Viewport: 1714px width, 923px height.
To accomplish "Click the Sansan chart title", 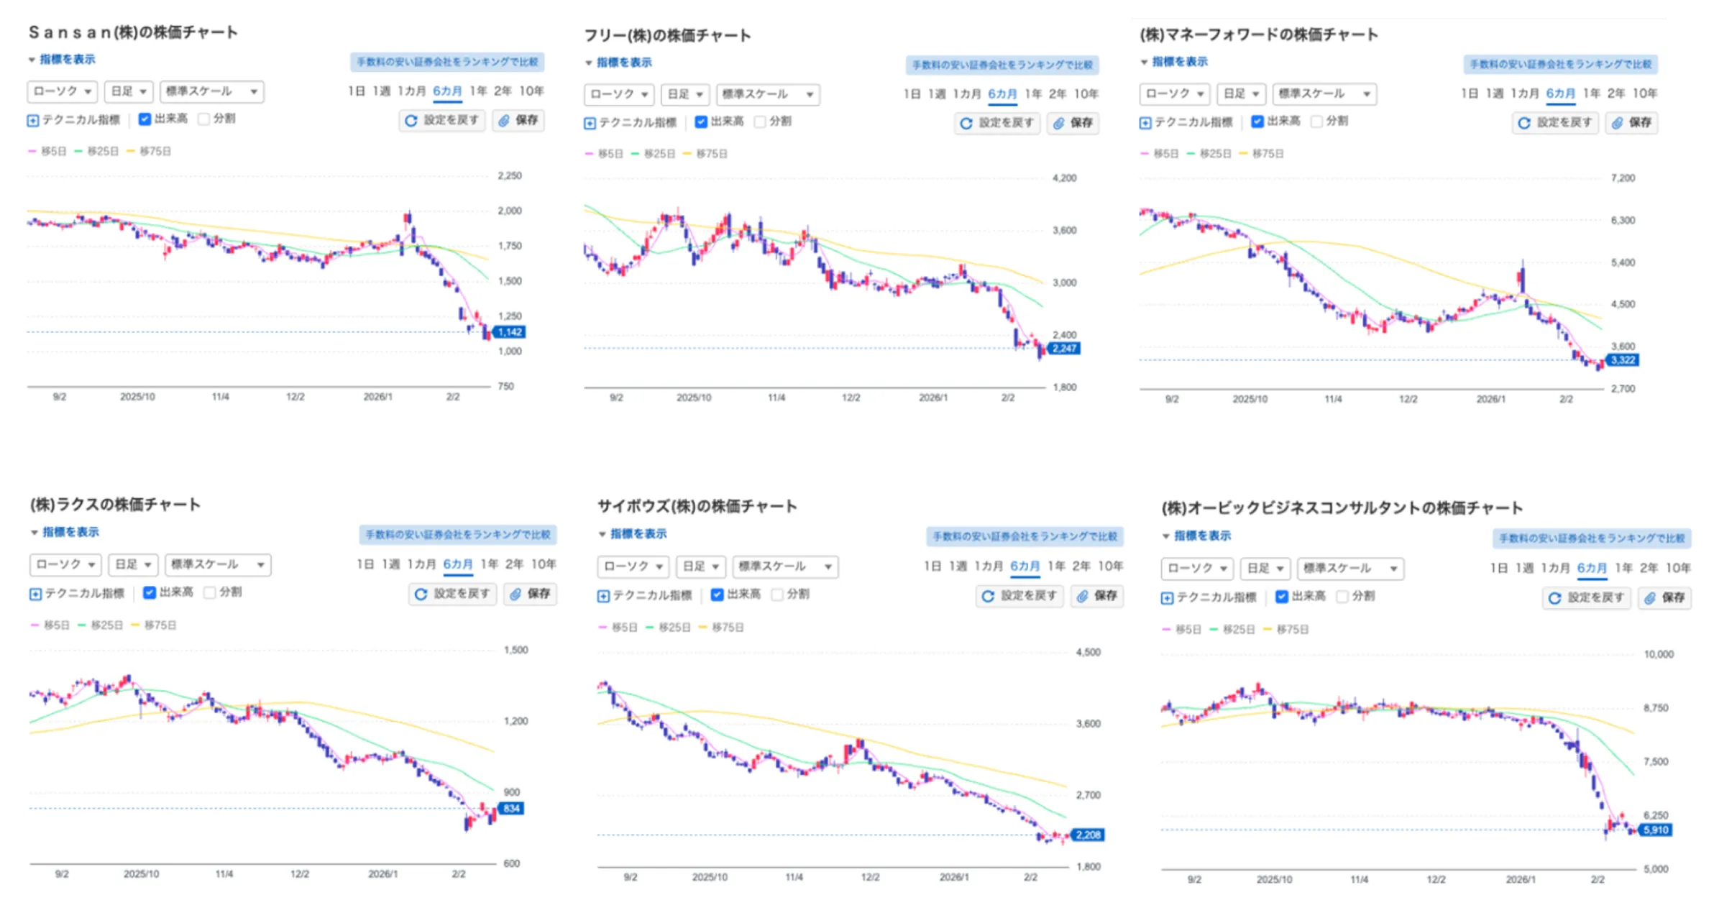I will click(133, 32).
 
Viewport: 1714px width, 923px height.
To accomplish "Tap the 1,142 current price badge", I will click(510, 332).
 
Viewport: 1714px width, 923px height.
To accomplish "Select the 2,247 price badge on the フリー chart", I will click(1064, 349).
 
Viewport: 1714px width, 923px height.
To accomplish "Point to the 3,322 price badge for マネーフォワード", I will click(1623, 360).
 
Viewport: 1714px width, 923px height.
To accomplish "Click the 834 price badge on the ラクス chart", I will click(511, 809).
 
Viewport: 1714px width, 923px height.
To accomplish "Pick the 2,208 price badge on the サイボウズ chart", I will click(1088, 835).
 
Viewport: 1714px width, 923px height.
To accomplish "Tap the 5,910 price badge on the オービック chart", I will click(1656, 830).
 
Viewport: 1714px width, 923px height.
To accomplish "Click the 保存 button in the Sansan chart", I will click(518, 120).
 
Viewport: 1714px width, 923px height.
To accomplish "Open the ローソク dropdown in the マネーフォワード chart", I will click(1174, 93).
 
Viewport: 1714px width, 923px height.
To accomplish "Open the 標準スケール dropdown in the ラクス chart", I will click(217, 564).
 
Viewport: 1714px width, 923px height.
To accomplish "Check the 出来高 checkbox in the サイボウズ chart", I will click(717, 594).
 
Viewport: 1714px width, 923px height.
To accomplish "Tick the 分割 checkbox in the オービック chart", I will click(1342, 597).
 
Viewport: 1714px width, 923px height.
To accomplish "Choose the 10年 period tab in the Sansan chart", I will click(531, 91).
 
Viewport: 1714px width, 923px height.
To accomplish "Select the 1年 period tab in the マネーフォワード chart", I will click(1591, 93).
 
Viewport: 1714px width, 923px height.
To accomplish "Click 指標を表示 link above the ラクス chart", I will click(70, 532).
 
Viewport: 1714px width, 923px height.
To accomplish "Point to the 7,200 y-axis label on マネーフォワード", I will click(1623, 178).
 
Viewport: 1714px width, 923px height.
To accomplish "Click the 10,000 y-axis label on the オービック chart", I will click(1659, 654).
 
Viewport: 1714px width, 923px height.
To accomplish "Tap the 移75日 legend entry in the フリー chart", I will click(711, 154).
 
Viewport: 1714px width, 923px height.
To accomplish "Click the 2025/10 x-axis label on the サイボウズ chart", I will click(710, 877).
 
